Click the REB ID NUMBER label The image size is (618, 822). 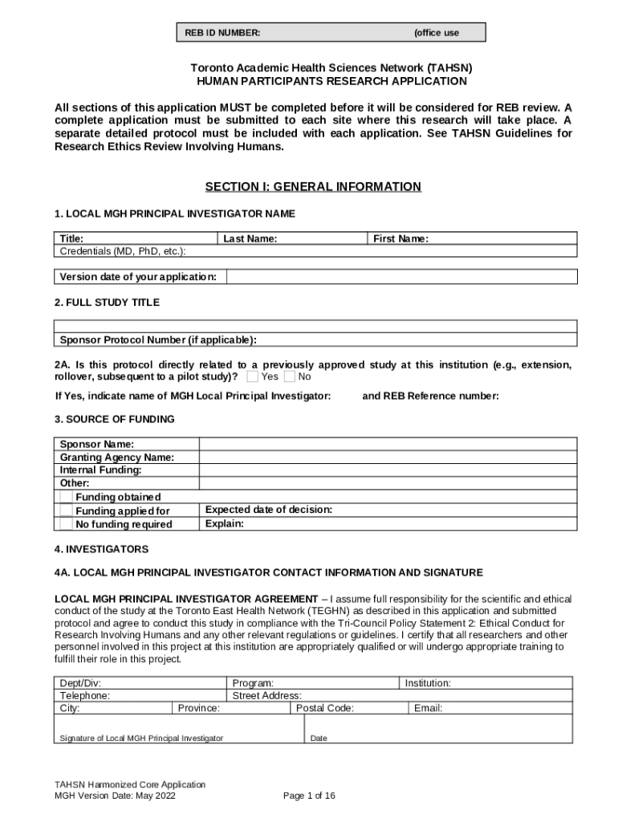[222, 33]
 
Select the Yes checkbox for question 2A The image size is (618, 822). [253, 376]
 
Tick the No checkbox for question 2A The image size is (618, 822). [290, 376]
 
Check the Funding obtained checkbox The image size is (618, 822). [66, 497]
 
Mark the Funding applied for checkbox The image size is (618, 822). [66, 511]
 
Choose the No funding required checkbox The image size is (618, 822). [66, 524]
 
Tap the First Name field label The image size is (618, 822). [400, 238]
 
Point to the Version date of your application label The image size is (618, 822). [138, 277]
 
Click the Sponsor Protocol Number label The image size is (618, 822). [158, 340]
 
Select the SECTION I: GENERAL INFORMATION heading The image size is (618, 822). [313, 187]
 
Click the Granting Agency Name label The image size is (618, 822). [117, 458]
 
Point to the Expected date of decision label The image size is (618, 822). [269, 510]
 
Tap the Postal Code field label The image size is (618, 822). [324, 708]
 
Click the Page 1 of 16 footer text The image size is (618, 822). [309, 796]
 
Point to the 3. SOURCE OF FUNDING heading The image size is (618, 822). [114, 419]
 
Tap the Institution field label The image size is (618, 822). [427, 683]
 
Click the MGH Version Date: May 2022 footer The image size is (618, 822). [115, 796]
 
